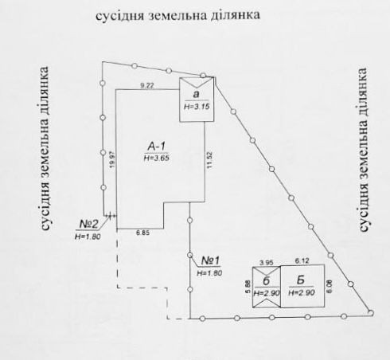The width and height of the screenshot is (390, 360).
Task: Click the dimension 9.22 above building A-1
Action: [x=147, y=86]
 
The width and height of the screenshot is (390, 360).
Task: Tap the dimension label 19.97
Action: [x=112, y=159]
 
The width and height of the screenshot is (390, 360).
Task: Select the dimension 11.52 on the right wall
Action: [x=210, y=160]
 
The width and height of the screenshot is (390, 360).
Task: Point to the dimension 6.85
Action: [x=143, y=233]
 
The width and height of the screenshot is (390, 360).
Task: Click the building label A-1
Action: [x=157, y=147]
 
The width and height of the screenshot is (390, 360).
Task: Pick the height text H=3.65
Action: [x=157, y=158]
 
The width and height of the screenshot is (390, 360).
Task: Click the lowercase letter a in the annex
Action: [x=196, y=95]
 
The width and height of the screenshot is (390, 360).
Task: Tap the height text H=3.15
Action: [x=197, y=107]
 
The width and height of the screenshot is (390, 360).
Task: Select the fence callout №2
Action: [x=88, y=224]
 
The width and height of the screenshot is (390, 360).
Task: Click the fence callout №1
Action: [x=211, y=260]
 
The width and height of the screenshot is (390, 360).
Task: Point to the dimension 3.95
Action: [x=266, y=263]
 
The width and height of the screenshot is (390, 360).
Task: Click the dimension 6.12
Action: [x=302, y=261]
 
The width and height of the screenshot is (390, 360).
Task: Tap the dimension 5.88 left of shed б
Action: [x=248, y=287]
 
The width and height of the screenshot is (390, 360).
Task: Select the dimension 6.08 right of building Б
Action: [x=330, y=287]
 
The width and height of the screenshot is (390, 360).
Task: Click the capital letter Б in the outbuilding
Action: [x=301, y=280]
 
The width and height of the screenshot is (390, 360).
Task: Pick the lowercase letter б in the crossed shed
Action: [x=266, y=281]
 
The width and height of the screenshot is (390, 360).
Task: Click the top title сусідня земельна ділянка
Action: [x=177, y=15]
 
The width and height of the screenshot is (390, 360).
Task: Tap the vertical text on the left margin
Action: [x=45, y=148]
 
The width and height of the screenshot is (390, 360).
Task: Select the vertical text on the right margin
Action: [x=363, y=150]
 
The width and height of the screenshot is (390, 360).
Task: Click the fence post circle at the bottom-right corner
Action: [x=371, y=312]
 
